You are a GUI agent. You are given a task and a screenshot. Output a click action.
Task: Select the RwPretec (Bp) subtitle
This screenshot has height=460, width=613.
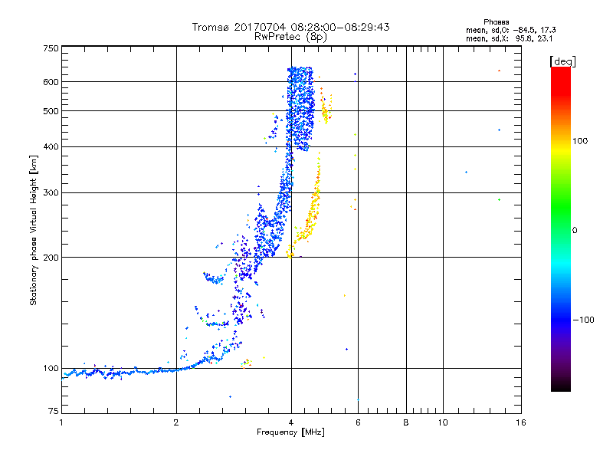click(291, 36)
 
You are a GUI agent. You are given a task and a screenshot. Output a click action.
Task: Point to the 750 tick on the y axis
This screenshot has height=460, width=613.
click(51, 48)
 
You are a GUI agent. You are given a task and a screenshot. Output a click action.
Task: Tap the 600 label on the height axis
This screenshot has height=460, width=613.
click(51, 81)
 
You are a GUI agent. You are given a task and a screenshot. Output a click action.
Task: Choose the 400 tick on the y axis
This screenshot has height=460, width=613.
click(51, 146)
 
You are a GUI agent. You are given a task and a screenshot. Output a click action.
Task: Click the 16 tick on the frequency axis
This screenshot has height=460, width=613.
click(520, 422)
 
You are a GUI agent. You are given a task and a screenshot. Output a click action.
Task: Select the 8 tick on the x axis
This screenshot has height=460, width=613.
click(406, 422)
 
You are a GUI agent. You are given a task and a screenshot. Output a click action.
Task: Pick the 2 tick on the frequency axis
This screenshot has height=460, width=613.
click(176, 422)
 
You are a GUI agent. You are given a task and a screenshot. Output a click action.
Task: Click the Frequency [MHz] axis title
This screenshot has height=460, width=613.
click(291, 432)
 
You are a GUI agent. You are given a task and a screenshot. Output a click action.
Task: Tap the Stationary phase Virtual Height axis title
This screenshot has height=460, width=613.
click(34, 230)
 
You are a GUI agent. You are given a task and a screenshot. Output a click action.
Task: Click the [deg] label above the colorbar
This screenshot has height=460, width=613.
click(562, 61)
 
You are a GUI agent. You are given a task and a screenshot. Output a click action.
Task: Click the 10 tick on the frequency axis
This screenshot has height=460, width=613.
click(443, 422)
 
